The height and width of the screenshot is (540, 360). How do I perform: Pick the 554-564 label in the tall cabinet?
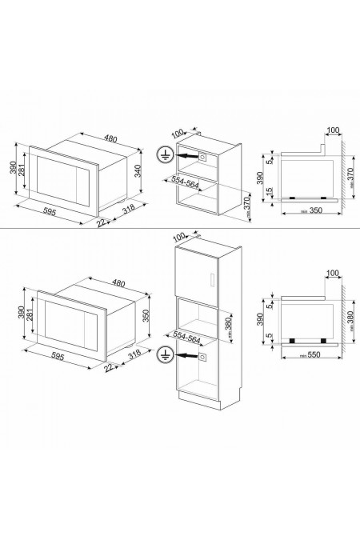pyautogui.click(x=190, y=339)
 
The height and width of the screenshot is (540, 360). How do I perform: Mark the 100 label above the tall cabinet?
pyautogui.click(x=178, y=237)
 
